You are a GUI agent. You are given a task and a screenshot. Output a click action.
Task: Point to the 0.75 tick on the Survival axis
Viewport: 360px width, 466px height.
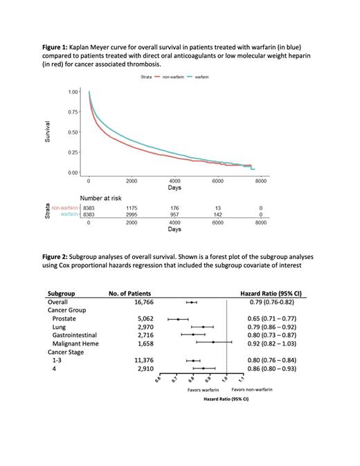click(x=73, y=111)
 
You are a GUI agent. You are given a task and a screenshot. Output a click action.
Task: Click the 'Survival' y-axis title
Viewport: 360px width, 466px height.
click(x=48, y=132)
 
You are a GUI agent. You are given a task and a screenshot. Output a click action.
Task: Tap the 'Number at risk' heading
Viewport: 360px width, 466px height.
click(x=105, y=197)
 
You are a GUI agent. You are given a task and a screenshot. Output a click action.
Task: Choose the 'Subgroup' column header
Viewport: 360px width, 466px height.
click(x=62, y=293)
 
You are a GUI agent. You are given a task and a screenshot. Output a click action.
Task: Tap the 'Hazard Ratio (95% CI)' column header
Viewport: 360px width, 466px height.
click(x=271, y=293)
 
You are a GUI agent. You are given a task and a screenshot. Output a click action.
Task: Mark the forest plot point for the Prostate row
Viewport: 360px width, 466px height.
click(x=178, y=319)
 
